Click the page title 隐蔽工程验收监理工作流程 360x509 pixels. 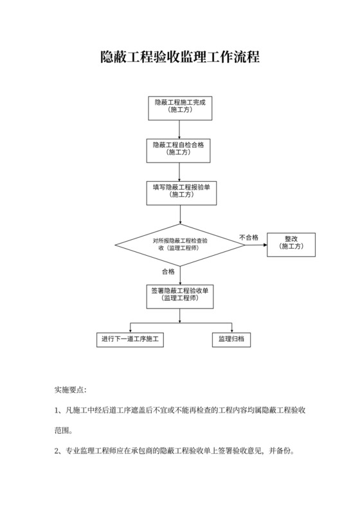(180, 57)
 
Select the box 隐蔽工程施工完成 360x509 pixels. (180, 107)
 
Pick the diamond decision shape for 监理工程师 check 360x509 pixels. (180, 244)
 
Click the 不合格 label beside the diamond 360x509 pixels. (249, 237)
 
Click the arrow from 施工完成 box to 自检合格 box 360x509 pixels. (179, 129)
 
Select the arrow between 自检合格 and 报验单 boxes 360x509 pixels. (179, 170)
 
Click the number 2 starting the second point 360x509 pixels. (56, 451)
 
